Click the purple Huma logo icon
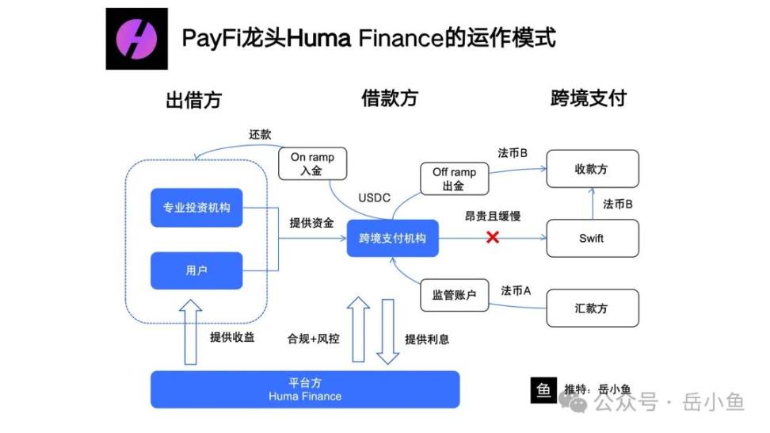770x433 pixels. [137, 39]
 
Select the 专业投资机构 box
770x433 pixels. [196, 208]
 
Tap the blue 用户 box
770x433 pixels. [196, 270]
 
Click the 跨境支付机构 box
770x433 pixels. [392, 238]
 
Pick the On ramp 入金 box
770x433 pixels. [312, 163]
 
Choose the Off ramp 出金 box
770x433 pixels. [454, 179]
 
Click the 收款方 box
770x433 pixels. [592, 169]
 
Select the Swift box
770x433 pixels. [592, 238]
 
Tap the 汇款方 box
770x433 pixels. [592, 308]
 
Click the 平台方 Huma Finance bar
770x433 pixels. [305, 389]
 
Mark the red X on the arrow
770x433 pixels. [493, 237]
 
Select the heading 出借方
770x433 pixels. [193, 100]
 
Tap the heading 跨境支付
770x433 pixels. [589, 98]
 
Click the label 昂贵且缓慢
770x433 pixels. [493, 216]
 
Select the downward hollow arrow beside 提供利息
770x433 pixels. [387, 330]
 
